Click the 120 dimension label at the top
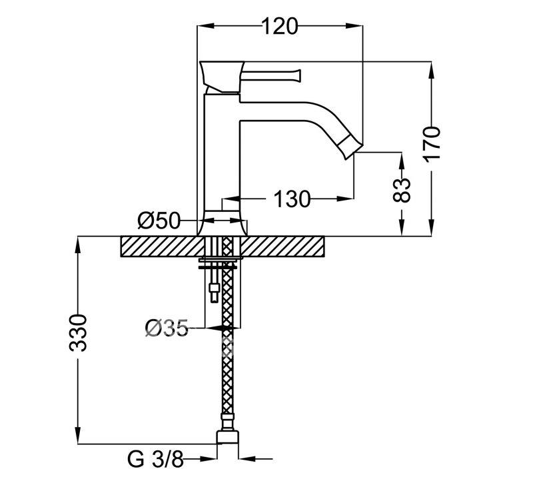pyautogui.click(x=279, y=26)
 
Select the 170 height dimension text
pyautogui.click(x=431, y=144)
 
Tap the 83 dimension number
pyautogui.click(x=402, y=190)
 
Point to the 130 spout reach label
pyautogui.click(x=292, y=199)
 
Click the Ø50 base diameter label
pyautogui.click(x=159, y=221)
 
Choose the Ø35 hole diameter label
pyautogui.click(x=167, y=328)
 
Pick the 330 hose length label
pyautogui.click(x=78, y=333)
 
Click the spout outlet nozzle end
pyautogui.click(x=352, y=147)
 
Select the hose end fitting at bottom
pyautogui.click(x=228, y=437)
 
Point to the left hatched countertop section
pyautogui.click(x=163, y=246)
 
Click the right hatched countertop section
pyautogui.click(x=282, y=246)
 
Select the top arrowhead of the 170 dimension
pyautogui.click(x=432, y=70)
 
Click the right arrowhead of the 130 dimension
pyautogui.click(x=345, y=199)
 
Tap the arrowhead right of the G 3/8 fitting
pyautogui.click(x=247, y=459)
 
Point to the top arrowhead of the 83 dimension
pyautogui.click(x=402, y=161)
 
